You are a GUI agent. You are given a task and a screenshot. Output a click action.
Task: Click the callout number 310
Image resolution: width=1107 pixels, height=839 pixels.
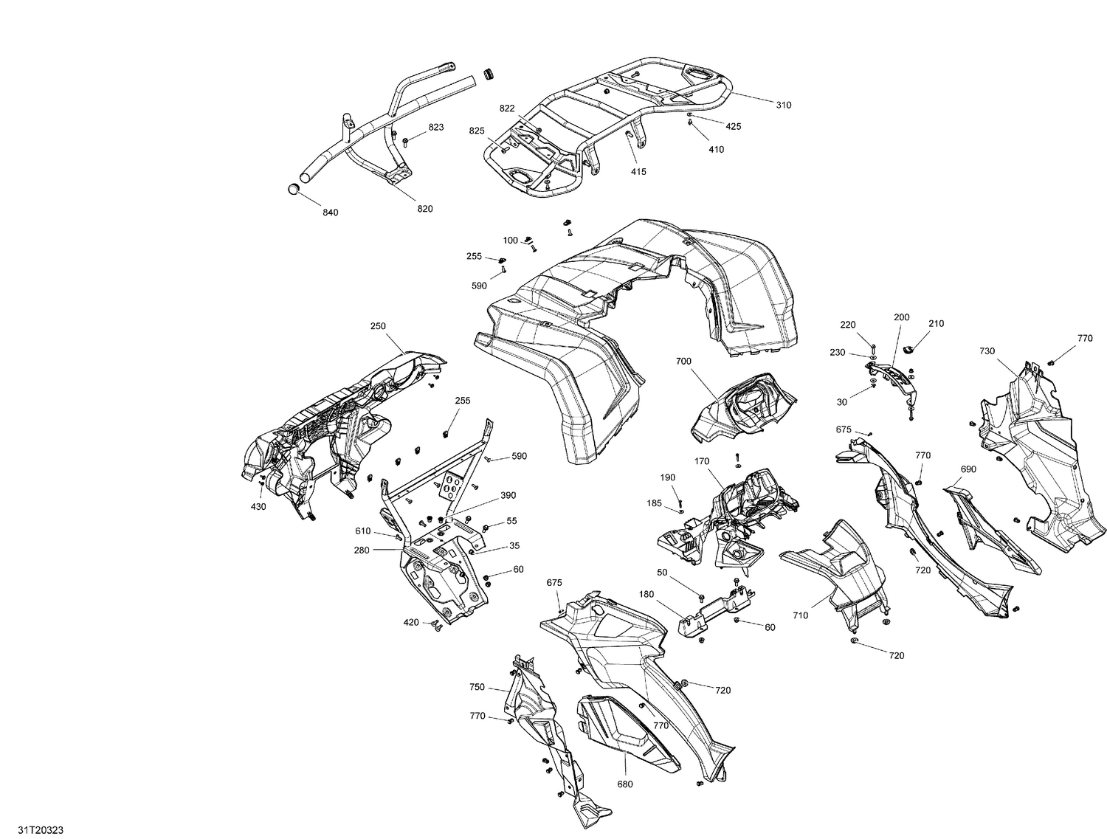pos(783,105)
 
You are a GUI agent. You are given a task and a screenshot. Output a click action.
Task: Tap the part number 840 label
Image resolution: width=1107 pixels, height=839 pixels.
pos(330,213)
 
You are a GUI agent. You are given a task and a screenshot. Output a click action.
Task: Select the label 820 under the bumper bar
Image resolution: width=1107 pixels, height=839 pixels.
pos(424,209)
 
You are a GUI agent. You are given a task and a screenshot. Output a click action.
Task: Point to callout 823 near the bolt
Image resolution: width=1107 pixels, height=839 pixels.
pos(435,128)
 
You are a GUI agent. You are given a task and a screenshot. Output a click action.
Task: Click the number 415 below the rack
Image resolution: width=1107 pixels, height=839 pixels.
pos(638,172)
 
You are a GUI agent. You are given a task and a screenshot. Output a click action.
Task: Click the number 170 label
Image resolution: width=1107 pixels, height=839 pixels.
pos(701,461)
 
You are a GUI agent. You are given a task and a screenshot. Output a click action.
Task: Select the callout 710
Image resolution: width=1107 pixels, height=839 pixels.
pos(800,615)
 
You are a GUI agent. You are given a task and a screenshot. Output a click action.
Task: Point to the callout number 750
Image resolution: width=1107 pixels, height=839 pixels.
pos(477,687)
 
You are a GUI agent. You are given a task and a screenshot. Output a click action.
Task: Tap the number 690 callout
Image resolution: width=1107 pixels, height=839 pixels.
pos(968,469)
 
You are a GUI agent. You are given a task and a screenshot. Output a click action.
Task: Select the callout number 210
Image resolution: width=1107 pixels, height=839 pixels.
pos(936,324)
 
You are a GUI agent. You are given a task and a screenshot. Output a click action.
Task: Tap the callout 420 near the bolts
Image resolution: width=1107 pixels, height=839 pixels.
pos(411,623)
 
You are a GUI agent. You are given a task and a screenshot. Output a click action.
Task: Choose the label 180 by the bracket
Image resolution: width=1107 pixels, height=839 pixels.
pos(646,594)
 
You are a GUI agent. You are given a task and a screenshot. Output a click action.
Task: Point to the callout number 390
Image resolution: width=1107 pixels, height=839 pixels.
pos(508,495)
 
